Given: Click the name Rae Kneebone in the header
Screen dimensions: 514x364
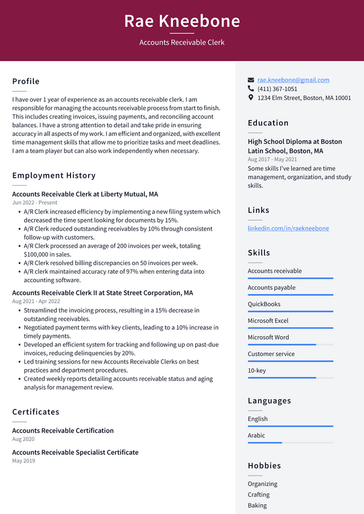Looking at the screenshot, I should pos(182,21).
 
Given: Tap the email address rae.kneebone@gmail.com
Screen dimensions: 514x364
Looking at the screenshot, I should pos(293,80).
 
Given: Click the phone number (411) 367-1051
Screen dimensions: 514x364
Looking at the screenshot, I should pos(277,89).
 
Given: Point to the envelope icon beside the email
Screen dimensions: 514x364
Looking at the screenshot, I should pos(251,80).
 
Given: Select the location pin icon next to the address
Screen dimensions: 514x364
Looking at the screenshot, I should pos(251,98).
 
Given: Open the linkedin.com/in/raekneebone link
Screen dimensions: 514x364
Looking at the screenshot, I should pos(288,228).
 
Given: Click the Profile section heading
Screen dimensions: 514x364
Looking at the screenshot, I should pos(26,81).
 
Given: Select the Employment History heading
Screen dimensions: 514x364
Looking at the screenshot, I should pos(54,175).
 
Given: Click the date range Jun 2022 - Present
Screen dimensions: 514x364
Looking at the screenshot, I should pos(35,203).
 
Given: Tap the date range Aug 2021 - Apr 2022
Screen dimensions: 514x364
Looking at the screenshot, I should pos(36,302).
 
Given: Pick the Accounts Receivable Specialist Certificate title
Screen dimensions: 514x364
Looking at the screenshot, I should pos(75,452).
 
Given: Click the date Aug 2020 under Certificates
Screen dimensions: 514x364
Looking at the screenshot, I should pos(23,439).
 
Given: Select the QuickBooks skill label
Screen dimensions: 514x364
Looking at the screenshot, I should pos(264,304).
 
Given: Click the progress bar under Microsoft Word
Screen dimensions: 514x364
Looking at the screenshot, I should pos(290,345).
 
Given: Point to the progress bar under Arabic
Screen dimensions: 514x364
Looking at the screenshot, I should pos(290,442).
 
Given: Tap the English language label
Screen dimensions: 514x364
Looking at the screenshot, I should pos(258,419).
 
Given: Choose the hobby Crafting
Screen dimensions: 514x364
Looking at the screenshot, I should pos(259,495).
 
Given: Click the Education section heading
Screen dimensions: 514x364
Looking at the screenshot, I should pos(268,123).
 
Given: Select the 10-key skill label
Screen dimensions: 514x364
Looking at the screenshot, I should pos(257,370).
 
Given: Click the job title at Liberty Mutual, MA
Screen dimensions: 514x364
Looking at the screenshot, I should pos(85,194).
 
